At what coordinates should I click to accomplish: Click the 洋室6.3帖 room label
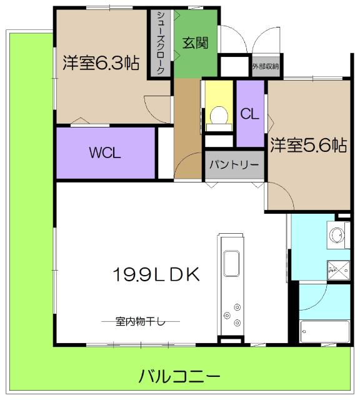tap(100, 63)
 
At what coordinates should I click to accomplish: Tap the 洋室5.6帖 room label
tap(308, 146)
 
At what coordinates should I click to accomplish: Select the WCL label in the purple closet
tap(104, 152)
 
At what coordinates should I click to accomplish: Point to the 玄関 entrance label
tap(195, 43)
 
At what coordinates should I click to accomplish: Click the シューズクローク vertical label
tap(161, 42)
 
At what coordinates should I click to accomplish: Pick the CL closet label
tap(249, 114)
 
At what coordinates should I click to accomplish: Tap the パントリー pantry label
tap(234, 165)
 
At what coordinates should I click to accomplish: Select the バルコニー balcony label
tap(179, 377)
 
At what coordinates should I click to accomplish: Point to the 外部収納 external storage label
tap(266, 66)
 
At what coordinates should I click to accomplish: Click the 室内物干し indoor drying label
tap(141, 322)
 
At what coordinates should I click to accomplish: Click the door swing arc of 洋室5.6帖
tap(281, 197)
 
